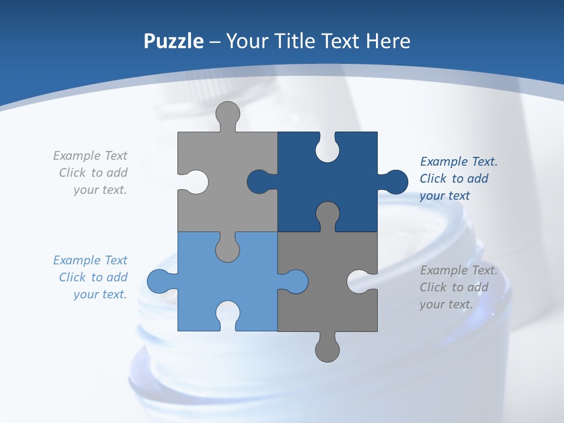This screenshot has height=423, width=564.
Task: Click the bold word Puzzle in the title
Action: [x=173, y=41]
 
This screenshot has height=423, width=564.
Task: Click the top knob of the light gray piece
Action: [x=228, y=115]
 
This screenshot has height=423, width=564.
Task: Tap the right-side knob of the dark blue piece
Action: [x=395, y=182]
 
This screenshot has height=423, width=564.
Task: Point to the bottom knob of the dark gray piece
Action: [x=327, y=349]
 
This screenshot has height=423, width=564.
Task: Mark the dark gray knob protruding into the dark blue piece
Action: [x=327, y=214]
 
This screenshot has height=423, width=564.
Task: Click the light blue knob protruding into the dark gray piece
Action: [x=296, y=281]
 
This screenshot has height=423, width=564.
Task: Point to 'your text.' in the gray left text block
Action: [x=100, y=190]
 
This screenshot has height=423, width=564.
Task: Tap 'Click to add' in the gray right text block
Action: [x=454, y=287]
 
